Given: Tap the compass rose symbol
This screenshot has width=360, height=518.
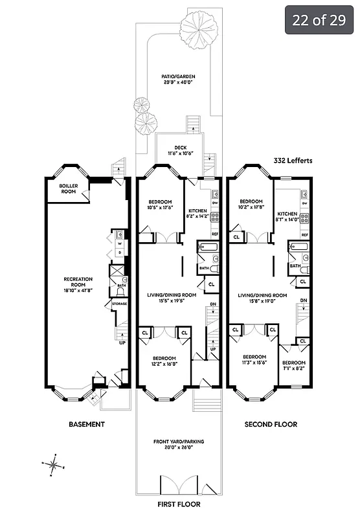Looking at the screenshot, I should tap(54, 464).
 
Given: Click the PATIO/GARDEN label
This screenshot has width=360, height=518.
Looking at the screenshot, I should tap(178, 79).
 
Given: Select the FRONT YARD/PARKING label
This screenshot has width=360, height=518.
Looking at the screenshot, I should tap(179, 445).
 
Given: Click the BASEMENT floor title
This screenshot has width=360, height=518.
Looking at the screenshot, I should tap(87, 425).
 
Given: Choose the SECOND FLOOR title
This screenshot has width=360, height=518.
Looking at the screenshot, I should tap(271, 425).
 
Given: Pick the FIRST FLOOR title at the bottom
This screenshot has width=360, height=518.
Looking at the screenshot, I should tap(179, 504).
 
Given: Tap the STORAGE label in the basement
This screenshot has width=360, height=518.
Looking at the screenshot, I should tap(119, 303).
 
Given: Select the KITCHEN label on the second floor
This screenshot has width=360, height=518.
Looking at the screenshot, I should tap(287, 216).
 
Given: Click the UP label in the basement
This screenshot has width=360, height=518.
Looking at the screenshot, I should tap(122, 343).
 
